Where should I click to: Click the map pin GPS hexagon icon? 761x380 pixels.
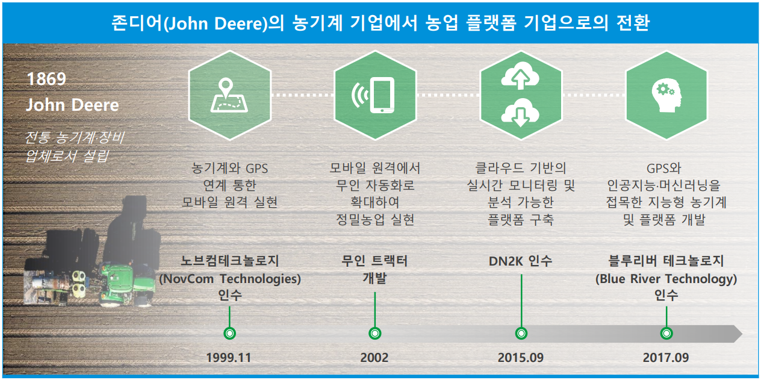pos(229,95)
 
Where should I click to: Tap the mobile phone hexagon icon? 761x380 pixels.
pos(375,95)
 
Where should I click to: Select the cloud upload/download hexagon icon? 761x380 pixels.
pos(521,95)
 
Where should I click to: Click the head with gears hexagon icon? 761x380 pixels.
pos(666,95)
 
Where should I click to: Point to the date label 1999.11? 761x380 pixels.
pos(228,357)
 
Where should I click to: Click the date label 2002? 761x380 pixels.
pos(374,357)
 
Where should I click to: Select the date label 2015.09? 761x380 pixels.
pos(521,357)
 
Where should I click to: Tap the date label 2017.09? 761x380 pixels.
pos(666,357)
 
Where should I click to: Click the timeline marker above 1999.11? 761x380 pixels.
pos(229,333)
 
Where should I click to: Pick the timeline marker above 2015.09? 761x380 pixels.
pos(521,333)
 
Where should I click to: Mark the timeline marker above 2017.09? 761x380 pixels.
pos(666,333)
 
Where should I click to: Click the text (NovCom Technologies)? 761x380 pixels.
pos(229,279)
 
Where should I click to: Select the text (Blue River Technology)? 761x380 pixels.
pos(666,279)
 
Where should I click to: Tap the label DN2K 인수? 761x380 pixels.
pos(521,261)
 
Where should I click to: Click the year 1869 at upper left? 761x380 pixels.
pos(46,79)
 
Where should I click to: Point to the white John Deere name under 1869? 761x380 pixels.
pos(72,105)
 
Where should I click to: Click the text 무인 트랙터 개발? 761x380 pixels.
pos(375,269)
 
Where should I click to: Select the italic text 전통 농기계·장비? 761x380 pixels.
pos(75,138)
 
